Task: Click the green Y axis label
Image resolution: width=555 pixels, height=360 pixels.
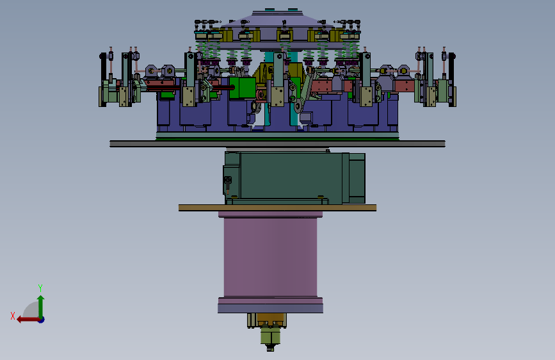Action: [x=40, y=288]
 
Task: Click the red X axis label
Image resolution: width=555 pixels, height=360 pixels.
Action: [x=13, y=316]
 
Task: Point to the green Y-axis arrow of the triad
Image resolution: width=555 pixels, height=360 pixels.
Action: [x=41, y=306]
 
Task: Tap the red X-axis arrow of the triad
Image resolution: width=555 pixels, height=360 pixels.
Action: [x=28, y=320]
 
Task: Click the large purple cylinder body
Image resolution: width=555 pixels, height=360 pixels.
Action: [x=270, y=258]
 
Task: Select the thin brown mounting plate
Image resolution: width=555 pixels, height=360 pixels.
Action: [x=278, y=208]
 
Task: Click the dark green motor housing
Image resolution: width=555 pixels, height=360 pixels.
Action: [x=287, y=178]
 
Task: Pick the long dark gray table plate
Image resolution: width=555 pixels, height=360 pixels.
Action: [x=278, y=143]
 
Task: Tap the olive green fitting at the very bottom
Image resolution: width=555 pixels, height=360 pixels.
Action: [x=270, y=336]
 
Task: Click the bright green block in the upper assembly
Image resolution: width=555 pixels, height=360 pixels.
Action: [x=243, y=88]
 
